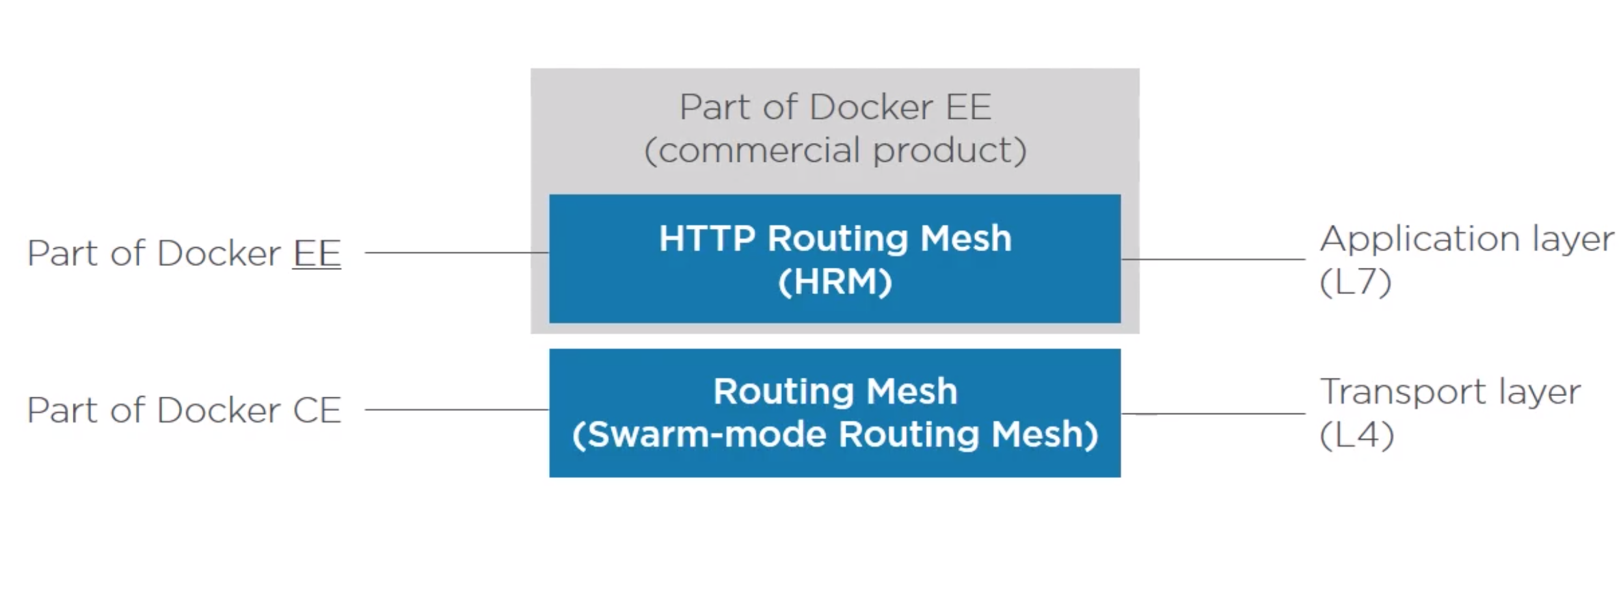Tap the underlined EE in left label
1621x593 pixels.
pos(316,254)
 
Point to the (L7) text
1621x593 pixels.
pos(1356,282)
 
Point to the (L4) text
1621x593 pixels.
pos(1357,436)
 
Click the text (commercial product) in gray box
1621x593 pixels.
pos(835,151)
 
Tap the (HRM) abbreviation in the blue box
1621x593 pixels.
pos(835,282)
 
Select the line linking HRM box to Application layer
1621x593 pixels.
pos(1213,259)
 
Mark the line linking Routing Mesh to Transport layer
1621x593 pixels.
pos(1213,413)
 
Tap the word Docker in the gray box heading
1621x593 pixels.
pos(871,107)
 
